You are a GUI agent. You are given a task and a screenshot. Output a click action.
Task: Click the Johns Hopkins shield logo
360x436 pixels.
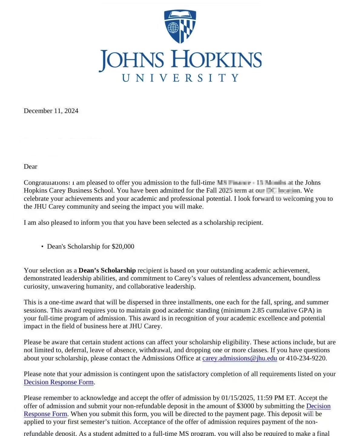click(x=180, y=27)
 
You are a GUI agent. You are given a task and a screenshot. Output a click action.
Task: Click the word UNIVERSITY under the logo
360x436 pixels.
click(x=181, y=78)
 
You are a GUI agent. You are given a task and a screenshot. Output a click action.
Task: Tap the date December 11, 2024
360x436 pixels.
click(x=51, y=111)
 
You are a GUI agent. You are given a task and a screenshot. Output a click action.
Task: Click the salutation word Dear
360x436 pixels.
click(x=31, y=167)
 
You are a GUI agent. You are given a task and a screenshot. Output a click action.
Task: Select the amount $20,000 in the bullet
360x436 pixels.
click(x=123, y=246)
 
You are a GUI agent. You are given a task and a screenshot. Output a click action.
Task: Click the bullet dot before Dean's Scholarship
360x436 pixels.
click(x=42, y=247)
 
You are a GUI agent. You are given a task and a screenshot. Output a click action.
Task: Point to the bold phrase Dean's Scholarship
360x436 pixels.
click(x=107, y=270)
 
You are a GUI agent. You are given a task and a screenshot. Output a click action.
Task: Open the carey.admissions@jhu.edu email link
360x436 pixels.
click(x=240, y=358)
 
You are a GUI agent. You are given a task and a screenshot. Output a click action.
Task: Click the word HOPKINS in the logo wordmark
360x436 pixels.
click(x=217, y=59)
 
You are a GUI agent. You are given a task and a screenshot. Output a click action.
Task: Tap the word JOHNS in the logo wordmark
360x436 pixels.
click(x=132, y=60)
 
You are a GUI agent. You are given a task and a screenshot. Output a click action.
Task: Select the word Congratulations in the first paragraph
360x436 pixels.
click(x=47, y=183)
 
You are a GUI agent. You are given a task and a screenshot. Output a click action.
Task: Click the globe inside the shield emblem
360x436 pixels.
click(x=173, y=28)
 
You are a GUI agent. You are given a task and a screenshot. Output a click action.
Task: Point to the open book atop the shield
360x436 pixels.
click(x=180, y=15)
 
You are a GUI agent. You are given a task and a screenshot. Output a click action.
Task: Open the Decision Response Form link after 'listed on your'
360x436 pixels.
click(x=59, y=382)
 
